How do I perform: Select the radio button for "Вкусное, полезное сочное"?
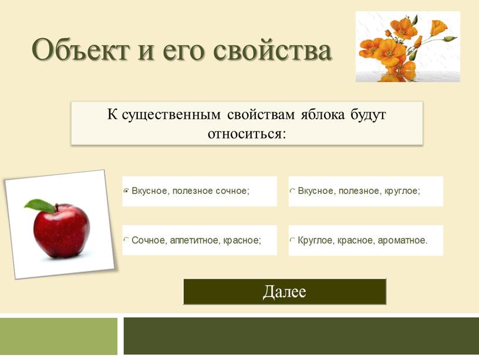click(126, 191)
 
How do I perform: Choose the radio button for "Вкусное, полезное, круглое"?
click(292, 191)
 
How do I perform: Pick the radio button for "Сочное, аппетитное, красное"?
click(126, 240)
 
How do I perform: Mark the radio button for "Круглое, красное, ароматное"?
click(292, 240)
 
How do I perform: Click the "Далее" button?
click(285, 291)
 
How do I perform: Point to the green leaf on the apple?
click(39, 206)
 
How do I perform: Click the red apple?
click(62, 230)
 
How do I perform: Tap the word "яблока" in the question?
click(323, 115)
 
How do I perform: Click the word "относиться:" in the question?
click(247, 134)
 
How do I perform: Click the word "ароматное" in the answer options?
click(402, 241)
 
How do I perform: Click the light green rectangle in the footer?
click(58, 336)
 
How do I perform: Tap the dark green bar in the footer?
click(301, 336)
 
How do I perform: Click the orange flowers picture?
click(407, 46)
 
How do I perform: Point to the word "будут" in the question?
click(368, 115)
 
